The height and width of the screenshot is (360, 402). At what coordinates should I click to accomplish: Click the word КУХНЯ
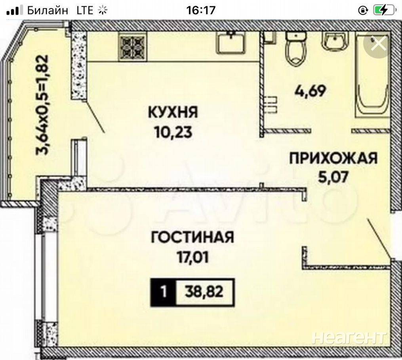173,112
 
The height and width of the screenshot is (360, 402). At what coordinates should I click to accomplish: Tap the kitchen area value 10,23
173,133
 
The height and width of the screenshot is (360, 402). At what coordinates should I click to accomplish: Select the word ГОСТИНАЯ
192,237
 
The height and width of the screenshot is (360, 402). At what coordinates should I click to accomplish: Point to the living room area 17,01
192,257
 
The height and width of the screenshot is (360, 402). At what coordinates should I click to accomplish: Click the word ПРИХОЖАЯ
333,158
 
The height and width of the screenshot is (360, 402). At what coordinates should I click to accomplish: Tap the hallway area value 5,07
333,177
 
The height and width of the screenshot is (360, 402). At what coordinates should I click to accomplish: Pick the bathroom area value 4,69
310,91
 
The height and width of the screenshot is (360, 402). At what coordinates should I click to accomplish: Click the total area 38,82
204,292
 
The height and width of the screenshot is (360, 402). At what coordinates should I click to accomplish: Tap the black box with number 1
163,292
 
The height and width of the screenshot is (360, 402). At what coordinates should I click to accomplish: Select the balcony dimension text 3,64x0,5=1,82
42,105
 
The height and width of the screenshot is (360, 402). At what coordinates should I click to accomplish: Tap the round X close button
378,44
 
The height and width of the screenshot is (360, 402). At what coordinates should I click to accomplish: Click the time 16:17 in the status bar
201,11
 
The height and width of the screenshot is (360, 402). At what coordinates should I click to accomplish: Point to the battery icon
385,11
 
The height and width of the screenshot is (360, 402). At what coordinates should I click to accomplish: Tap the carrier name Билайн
48,11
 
